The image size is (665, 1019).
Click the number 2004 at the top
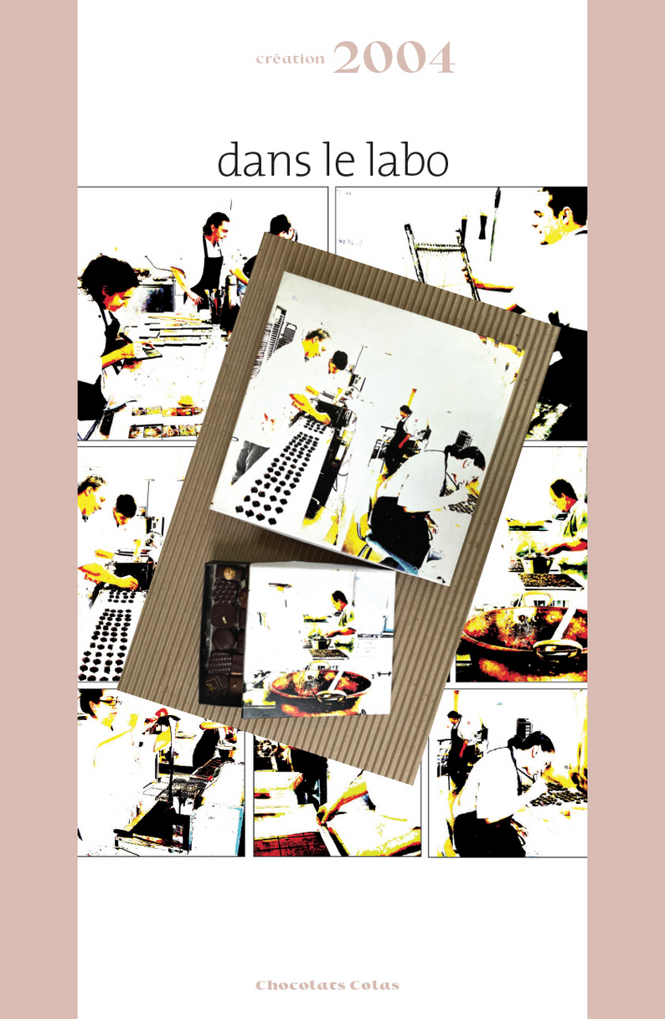click(x=394, y=58)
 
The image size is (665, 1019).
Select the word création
click(x=291, y=59)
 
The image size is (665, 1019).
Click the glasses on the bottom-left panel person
click(x=108, y=702)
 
